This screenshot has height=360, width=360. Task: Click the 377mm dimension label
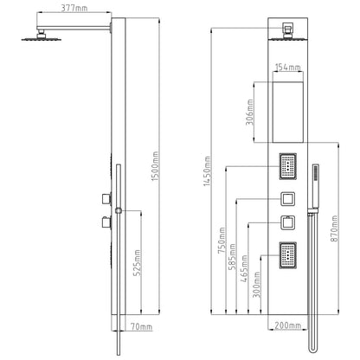click(x=74, y=8)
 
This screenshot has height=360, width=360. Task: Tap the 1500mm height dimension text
click(x=155, y=166)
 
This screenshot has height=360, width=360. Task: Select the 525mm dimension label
click(x=138, y=262)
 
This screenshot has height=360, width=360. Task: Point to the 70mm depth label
click(x=141, y=327)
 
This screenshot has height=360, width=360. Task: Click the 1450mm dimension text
click(x=207, y=171)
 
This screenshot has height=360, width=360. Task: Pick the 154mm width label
click(x=288, y=67)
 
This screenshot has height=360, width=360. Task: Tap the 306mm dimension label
click(x=250, y=112)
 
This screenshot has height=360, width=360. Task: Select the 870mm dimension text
click(x=334, y=228)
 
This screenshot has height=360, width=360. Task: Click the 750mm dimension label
click(x=222, y=241)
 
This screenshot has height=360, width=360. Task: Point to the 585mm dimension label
click(x=232, y=257)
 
